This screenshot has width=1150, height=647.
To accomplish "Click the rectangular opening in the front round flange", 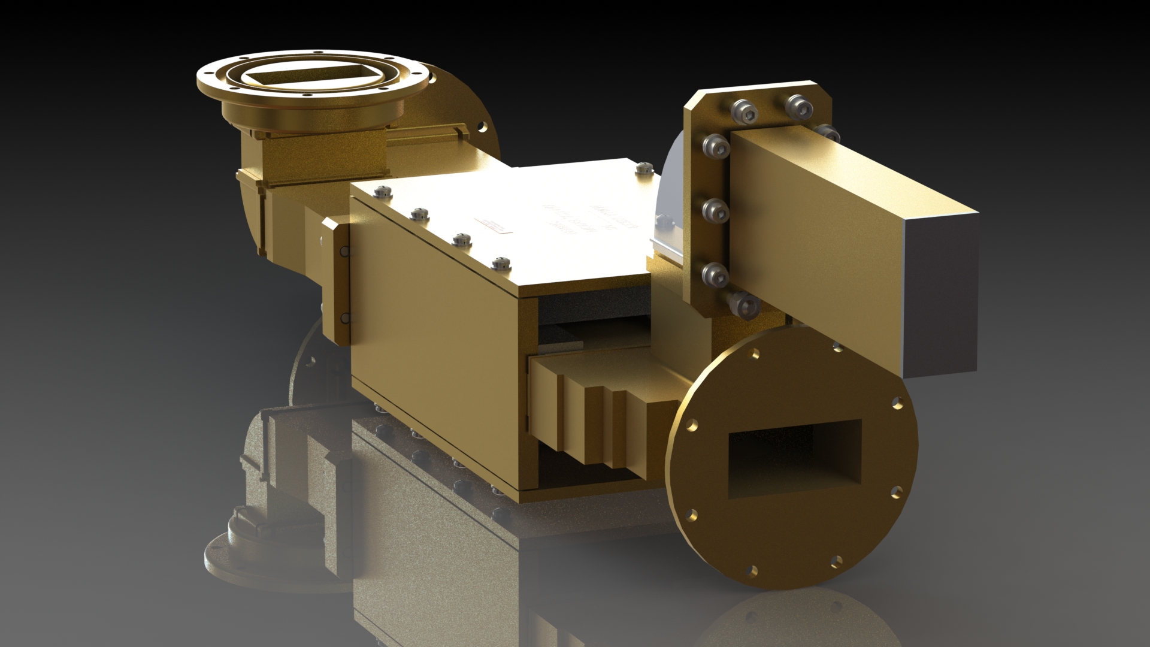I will [794, 458].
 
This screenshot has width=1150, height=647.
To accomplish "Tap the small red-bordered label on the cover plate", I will [495, 224].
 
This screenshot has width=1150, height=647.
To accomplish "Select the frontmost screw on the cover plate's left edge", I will [501, 262].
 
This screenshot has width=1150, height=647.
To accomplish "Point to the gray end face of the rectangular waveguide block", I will [940, 294].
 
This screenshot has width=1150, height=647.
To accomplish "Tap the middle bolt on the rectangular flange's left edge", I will [715, 210].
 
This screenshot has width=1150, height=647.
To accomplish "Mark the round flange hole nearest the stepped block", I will [691, 424].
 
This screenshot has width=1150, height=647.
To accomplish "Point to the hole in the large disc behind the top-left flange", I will [482, 127].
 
